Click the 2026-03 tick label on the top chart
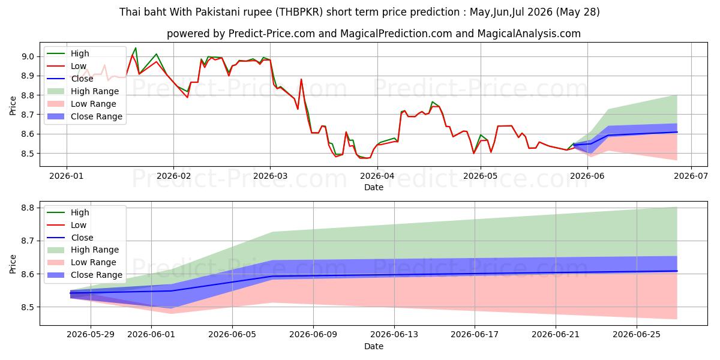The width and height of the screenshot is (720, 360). click(270, 176)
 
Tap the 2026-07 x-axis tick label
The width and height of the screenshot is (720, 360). click(691, 176)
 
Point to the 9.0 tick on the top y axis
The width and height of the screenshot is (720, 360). click(28, 57)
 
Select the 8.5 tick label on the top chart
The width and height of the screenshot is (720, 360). click(28, 154)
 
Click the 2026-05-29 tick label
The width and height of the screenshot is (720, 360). click(91, 335)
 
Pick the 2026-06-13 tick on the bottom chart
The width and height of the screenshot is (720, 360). click(394, 335)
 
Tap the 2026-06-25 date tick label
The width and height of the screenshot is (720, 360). click(637, 335)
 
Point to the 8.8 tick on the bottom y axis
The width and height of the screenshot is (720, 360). click(28, 208)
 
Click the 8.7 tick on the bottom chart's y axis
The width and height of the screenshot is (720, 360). click(28, 241)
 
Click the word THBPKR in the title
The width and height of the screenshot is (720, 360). click(299, 12)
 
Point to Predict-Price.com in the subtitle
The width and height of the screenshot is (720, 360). click(272, 34)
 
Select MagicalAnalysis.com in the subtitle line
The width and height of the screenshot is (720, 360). click(529, 34)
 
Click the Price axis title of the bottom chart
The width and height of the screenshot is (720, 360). click(13, 264)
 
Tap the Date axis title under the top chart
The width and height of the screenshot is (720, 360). click(373, 187)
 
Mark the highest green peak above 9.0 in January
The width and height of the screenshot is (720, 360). click(136, 48)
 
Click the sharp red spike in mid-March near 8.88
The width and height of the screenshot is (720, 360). click(301, 79)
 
